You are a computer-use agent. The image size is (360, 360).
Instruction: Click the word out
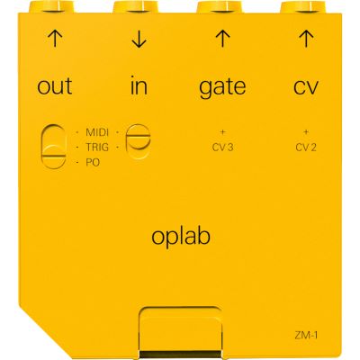(55, 86)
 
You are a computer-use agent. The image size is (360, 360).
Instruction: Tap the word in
(139, 85)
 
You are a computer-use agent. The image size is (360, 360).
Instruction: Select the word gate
(222, 87)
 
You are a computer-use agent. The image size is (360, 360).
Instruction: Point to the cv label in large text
(305, 87)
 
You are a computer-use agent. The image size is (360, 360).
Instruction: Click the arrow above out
(55, 39)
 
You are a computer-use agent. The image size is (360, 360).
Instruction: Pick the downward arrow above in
(139, 39)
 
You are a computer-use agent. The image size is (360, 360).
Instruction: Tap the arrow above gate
(222, 39)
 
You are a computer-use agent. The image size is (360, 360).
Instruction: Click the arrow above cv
(306, 39)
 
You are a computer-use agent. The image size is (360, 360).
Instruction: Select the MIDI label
(97, 132)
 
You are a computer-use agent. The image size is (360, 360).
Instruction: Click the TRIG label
(97, 148)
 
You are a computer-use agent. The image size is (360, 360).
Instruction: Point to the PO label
(93, 163)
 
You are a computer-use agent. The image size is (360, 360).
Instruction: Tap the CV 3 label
(222, 148)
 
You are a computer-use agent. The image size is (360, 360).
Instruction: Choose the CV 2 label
(306, 148)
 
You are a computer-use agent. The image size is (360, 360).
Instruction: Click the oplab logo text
(181, 238)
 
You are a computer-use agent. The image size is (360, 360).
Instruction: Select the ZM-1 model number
(306, 335)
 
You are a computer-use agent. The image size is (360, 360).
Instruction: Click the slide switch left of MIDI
(54, 145)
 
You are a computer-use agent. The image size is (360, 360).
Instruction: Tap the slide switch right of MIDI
(139, 141)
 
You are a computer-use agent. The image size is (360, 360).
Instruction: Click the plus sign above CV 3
(222, 131)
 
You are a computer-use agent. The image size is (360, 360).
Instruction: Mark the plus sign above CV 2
(306, 131)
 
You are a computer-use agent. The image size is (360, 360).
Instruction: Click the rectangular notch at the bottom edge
(181, 332)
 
